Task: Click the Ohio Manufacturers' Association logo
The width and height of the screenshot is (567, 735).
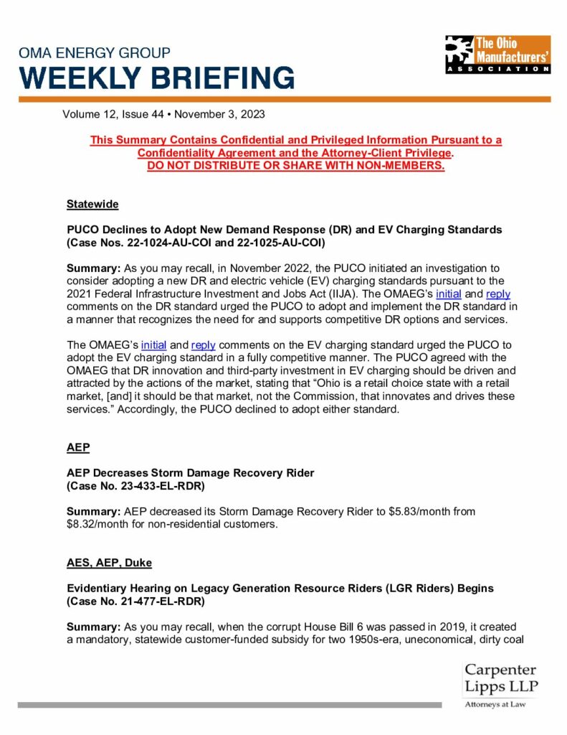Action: tap(497, 54)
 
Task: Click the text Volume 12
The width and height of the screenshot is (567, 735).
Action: tap(90, 113)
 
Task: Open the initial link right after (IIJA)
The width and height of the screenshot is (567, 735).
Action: tap(450, 294)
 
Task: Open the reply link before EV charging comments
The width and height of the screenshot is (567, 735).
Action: tap(203, 345)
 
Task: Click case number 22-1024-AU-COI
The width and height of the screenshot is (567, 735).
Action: tap(176, 243)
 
